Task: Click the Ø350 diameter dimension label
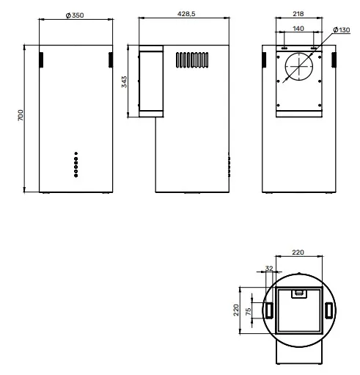coord(75,15)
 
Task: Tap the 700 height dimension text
coord(21,115)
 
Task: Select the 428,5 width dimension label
coord(186,14)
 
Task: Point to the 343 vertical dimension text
coord(124,81)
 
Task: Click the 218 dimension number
coord(298,14)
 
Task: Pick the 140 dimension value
coord(298,29)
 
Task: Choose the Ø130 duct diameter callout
coord(342,30)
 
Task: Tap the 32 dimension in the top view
coord(269,269)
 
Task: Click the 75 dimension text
coord(248,311)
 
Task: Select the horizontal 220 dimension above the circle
coord(298,252)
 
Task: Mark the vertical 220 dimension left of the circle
coord(236,310)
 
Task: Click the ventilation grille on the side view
coord(192,60)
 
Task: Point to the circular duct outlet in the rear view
coord(298,66)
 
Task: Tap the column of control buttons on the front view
coord(76,164)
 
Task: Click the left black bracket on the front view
coord(41,59)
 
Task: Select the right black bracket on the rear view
coord(334,59)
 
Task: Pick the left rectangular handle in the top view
coord(269,310)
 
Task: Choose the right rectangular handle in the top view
coord(328,310)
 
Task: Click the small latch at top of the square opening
coord(299,294)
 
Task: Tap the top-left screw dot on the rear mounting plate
coord(278,57)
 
